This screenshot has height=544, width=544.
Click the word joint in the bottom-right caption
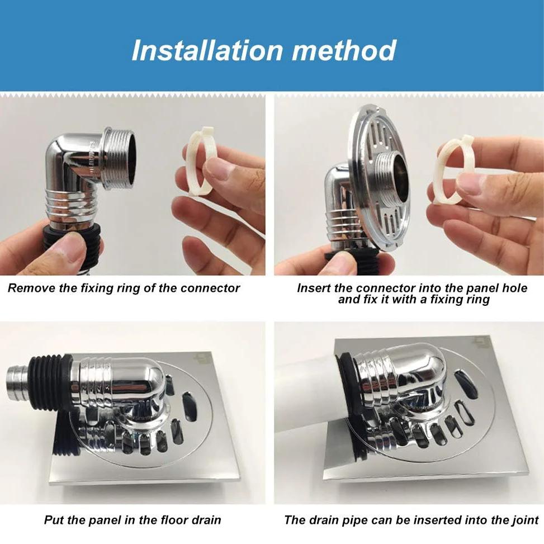pyautogui.click(x=523, y=520)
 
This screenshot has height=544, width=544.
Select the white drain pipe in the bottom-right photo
pyautogui.click(x=305, y=403)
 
